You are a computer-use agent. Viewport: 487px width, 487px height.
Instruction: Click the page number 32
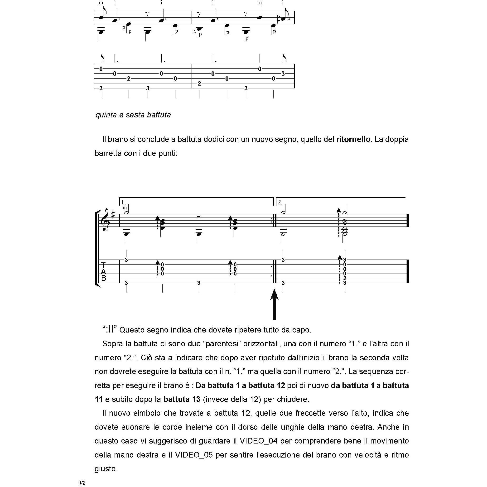[82, 483]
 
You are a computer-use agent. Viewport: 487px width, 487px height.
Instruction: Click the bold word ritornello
[353, 139]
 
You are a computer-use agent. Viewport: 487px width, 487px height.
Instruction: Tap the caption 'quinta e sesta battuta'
[133, 115]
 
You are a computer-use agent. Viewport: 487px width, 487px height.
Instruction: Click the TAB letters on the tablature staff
[103, 271]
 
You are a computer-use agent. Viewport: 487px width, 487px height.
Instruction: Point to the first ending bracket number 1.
[123, 202]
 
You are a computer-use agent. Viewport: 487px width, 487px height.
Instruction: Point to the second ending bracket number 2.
[280, 202]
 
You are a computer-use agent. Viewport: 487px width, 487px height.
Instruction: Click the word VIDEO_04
[258, 441]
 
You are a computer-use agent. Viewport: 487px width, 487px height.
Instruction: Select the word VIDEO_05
[194, 455]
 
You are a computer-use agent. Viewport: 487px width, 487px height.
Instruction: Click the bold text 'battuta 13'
[182, 399]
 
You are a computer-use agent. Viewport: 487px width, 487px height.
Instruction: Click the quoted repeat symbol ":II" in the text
[109, 329]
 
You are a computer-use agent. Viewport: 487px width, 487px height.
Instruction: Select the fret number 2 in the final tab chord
[345, 278]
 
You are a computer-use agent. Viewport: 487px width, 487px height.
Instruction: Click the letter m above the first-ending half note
[125, 208]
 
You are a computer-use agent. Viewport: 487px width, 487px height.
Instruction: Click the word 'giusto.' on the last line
[106, 469]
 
